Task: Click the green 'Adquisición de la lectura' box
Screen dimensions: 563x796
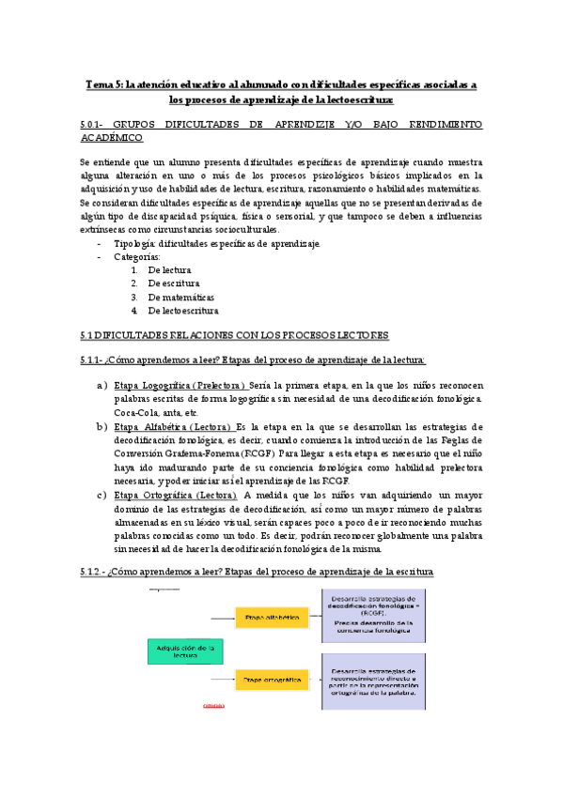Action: tap(184, 652)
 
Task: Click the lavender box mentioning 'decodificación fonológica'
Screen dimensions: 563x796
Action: tap(373, 615)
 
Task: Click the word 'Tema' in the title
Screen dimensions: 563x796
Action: tap(99, 84)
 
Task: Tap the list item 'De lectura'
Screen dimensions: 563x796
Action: tap(169, 269)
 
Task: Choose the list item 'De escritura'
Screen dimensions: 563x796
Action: tap(173, 283)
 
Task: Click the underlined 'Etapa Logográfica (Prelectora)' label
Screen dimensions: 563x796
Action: tap(180, 386)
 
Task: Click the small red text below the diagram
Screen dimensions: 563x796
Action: tap(212, 704)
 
